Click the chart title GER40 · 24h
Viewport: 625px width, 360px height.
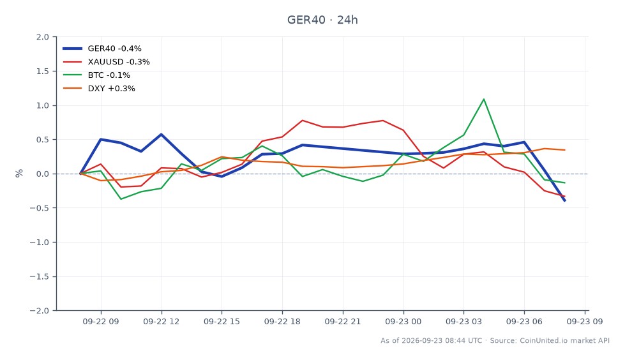[322, 20]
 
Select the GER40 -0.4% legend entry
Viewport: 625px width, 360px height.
[102, 49]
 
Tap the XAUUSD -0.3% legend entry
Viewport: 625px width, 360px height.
[107, 62]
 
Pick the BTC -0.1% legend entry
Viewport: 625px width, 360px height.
[96, 75]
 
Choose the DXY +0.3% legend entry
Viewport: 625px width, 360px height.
[99, 89]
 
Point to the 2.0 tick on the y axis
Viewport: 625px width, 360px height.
[43, 37]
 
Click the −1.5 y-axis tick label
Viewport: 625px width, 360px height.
[40, 276]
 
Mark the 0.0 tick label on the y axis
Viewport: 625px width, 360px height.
[43, 174]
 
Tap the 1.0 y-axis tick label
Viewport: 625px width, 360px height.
[43, 106]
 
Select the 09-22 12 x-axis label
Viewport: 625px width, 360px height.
[162, 321]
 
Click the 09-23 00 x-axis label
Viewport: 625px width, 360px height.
[403, 321]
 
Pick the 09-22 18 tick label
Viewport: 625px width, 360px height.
[282, 321]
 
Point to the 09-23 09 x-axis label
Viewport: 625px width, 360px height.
[585, 321]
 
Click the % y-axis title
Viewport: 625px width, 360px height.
[19, 174]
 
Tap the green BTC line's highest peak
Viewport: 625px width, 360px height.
[484, 100]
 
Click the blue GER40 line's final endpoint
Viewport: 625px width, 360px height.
[565, 201]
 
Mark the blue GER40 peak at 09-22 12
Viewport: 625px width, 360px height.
[162, 134]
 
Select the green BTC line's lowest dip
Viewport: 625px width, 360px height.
[121, 199]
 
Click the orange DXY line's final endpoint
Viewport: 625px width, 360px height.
[565, 150]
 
